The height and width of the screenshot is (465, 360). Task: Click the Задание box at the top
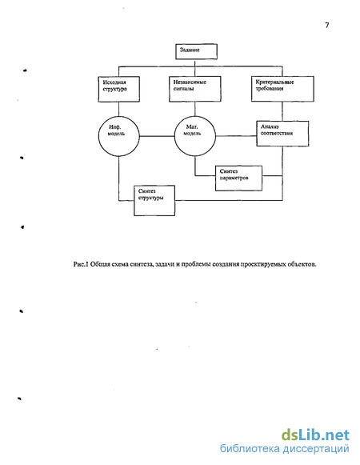pyautogui.click(x=196, y=51)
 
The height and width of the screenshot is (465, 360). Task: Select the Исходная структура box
pyautogui.click(x=119, y=90)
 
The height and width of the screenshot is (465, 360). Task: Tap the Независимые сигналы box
pyautogui.click(x=195, y=89)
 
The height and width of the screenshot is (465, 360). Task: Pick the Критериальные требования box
pyautogui.click(x=282, y=89)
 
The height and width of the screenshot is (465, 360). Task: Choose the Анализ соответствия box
pyautogui.click(x=282, y=134)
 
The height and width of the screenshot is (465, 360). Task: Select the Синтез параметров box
pyautogui.click(x=238, y=178)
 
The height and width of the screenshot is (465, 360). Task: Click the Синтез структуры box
pyautogui.click(x=154, y=201)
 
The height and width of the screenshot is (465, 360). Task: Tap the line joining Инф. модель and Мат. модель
pyautogui.click(x=157, y=136)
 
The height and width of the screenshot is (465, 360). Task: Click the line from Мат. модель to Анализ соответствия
pyautogui.click(x=236, y=136)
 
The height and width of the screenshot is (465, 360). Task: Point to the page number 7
pyautogui.click(x=326, y=25)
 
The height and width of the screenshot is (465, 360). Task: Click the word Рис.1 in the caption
pyautogui.click(x=81, y=264)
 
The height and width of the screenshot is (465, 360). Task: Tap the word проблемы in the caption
pyautogui.click(x=196, y=264)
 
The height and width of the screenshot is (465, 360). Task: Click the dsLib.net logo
pyautogui.click(x=315, y=435)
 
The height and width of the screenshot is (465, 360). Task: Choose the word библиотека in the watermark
pyautogui.click(x=250, y=448)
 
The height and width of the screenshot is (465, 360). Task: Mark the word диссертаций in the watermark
pyautogui.click(x=316, y=449)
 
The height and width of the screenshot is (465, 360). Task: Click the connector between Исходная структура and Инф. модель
pyautogui.click(x=119, y=109)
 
